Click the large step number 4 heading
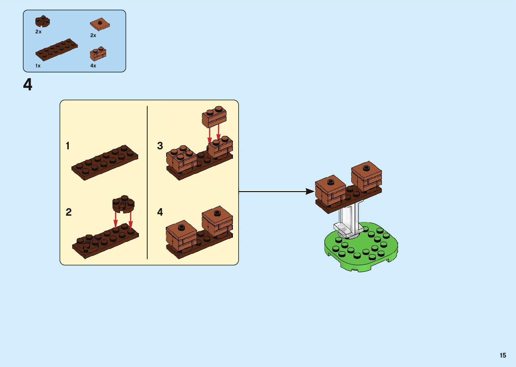click(28, 85)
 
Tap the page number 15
click(503, 355)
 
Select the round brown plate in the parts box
click(42, 22)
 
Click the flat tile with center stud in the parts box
click(100, 24)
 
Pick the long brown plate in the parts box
click(56, 50)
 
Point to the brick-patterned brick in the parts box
click(98, 54)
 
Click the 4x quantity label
click(93, 66)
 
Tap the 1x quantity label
click(38, 66)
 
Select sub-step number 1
click(68, 146)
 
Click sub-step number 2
click(68, 212)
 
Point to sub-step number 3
click(160, 146)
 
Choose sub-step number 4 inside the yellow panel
click(160, 212)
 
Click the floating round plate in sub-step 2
click(123, 204)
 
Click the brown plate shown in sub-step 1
click(105, 162)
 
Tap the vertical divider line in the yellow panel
click(147, 182)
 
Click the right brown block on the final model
click(366, 176)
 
